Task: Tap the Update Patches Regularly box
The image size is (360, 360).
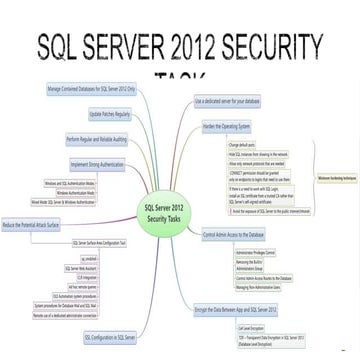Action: [110, 112]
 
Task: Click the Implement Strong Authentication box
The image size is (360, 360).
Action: [102, 161]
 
